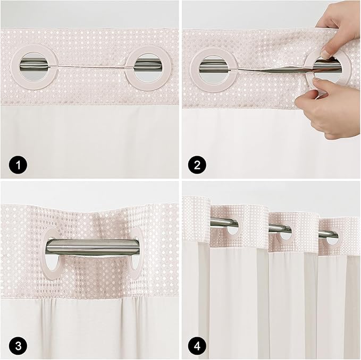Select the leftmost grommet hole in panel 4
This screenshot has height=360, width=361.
point(232,227)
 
